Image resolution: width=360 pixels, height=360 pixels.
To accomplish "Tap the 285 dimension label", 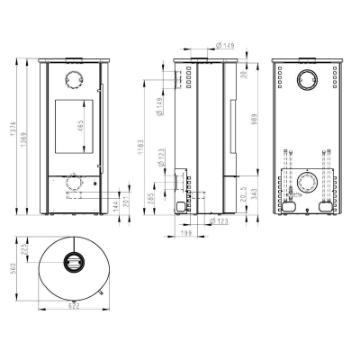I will [x=152, y=196].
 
